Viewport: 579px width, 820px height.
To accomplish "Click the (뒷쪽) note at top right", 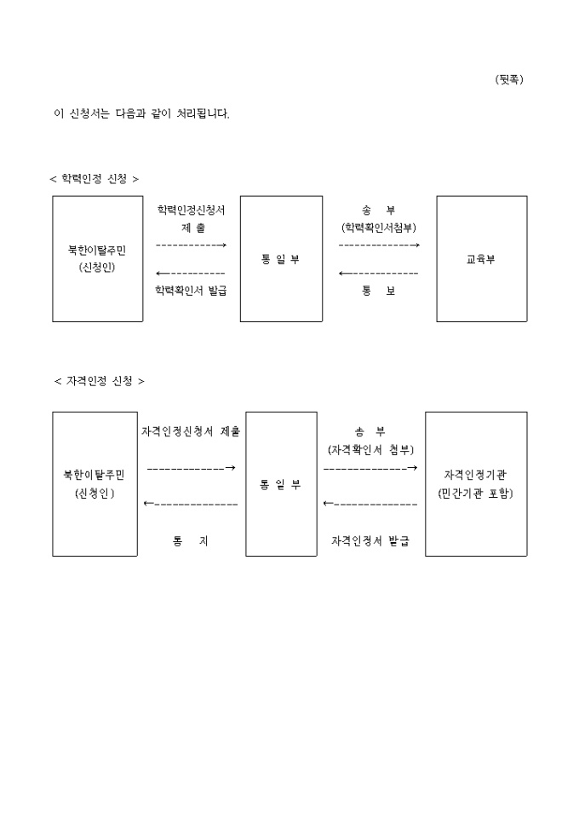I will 508,79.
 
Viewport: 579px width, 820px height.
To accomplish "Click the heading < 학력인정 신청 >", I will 94,178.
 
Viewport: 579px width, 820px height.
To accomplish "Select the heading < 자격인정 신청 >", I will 99,381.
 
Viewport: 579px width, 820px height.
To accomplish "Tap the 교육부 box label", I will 481,259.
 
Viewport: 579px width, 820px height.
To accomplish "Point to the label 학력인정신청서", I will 192,209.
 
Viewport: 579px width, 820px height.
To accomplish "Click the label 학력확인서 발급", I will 191,290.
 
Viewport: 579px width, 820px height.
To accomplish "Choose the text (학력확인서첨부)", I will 379,228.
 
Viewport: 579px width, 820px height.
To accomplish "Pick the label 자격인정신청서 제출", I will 191,431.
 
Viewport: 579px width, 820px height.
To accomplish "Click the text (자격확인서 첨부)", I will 370,449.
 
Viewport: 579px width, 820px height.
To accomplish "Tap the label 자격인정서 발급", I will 370,541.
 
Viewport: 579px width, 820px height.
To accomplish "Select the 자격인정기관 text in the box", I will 475,474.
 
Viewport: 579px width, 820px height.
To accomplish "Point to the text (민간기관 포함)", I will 475,494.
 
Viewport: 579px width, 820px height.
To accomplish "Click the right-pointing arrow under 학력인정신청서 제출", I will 192,245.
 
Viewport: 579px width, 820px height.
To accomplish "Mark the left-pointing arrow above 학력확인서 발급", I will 191,273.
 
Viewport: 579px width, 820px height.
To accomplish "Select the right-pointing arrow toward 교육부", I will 379,245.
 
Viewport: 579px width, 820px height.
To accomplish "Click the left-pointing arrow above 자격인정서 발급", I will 370,504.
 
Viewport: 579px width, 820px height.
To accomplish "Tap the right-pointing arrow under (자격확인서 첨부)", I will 370,468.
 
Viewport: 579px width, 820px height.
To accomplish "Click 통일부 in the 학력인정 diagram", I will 281,259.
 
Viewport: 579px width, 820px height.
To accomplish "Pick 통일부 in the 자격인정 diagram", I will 281,484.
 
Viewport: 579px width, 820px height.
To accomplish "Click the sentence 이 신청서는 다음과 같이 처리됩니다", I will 141,113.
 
